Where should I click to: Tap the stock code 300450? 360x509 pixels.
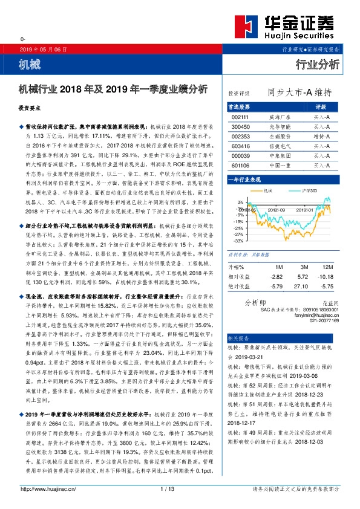(x=240, y=127)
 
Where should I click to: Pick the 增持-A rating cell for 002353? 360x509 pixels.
(x=321, y=137)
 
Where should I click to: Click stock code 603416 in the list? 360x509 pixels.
(x=240, y=146)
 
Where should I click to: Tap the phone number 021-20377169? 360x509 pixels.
(x=326, y=322)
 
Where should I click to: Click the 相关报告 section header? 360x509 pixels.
(x=238, y=337)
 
